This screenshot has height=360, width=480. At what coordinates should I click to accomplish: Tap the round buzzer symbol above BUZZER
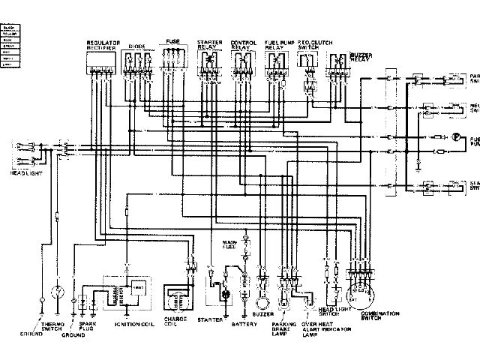pyautogui.click(x=264, y=302)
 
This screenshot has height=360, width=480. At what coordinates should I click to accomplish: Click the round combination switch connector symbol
pyautogui.click(x=364, y=294)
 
